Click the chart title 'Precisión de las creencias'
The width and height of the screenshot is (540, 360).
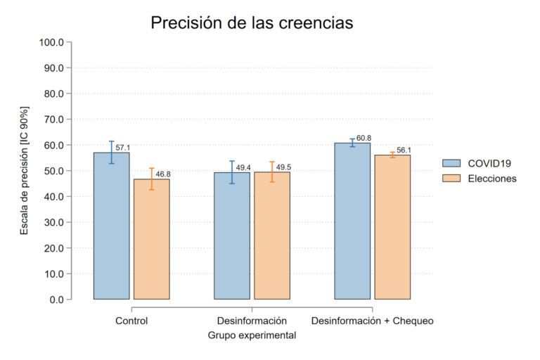252,23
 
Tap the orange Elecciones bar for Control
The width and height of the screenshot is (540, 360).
152,239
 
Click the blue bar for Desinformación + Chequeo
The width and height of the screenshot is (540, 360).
352,221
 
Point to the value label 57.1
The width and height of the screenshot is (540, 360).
123,148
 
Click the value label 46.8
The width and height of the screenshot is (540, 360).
163,174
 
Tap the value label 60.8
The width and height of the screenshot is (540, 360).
364,139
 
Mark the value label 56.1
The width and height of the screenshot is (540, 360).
404,150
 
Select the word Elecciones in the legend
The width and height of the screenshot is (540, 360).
492,179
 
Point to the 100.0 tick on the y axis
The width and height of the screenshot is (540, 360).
52,42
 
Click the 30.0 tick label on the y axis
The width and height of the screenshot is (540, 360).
52,222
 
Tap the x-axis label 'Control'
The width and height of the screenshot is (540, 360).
131,321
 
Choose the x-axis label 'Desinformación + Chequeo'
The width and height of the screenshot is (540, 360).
372,321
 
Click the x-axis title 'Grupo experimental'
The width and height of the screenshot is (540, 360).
252,336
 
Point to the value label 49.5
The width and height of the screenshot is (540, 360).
284,167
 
